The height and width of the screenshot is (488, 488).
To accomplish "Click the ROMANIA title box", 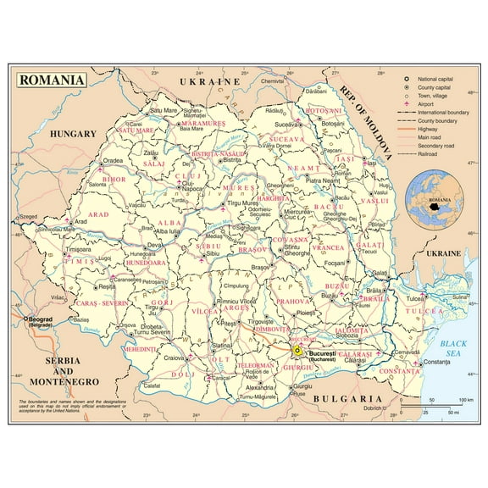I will pos(52,80).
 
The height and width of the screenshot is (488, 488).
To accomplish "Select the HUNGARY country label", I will pos(73,134).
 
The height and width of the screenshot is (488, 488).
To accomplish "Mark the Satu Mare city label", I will pos(165,110).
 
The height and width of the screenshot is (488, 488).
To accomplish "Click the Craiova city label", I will pos(175,358).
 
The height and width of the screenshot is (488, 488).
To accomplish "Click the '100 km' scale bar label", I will pos(465,399).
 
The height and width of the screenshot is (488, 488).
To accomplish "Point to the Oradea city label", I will pos(114,160).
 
